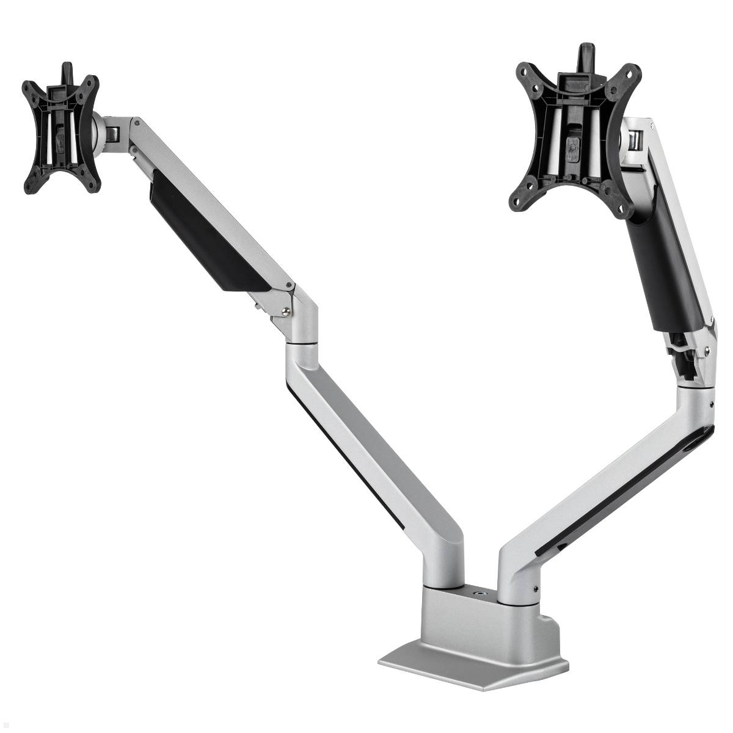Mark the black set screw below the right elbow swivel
(712, 403)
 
